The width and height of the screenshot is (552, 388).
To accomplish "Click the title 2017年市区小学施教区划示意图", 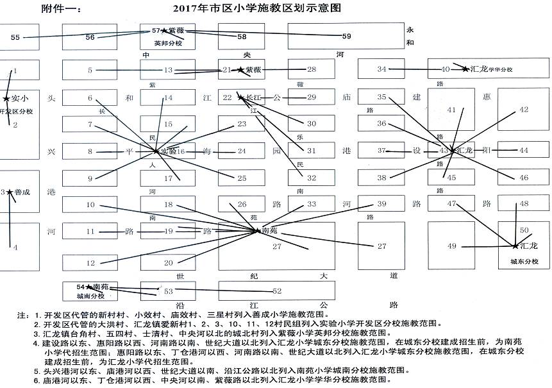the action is [x=256, y=8].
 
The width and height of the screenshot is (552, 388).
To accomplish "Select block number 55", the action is [x=16, y=37].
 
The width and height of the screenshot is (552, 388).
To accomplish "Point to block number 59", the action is [x=346, y=35].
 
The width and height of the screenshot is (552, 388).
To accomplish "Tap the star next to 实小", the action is [x=7, y=99].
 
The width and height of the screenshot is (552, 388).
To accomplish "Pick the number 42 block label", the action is [x=524, y=110].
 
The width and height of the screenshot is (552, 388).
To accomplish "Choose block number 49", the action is [x=452, y=246].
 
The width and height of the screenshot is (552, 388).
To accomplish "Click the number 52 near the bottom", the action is [x=277, y=291].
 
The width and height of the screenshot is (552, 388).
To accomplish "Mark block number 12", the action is [x=90, y=263].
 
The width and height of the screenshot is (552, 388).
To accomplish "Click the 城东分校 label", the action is [x=524, y=262].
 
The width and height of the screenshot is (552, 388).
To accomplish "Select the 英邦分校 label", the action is [x=169, y=43].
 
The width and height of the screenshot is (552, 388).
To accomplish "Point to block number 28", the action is [x=312, y=69].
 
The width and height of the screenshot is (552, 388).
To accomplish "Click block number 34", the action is [x=382, y=69].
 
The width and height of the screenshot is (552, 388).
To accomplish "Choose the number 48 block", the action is [x=524, y=204].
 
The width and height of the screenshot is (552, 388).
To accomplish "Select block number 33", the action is [x=312, y=204].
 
